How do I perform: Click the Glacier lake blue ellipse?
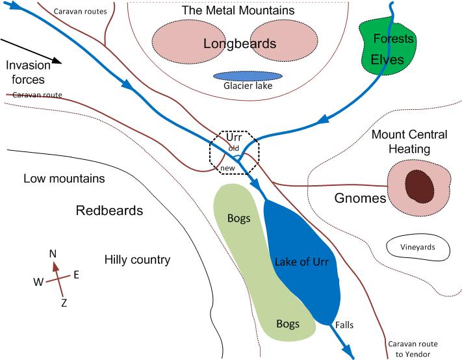pyautogui.click(x=243, y=77)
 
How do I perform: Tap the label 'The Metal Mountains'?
pyautogui.click(x=238, y=10)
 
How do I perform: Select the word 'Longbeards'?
pyautogui.click(x=239, y=44)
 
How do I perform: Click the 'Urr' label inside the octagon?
pyautogui.click(x=234, y=138)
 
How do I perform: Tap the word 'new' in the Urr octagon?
pyautogui.click(x=227, y=168)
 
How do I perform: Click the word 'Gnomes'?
pyautogui.click(x=360, y=198)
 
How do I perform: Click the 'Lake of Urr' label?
pyautogui.click(x=302, y=263)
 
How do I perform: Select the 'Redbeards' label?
pyautogui.click(x=109, y=211)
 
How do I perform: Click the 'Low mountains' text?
pyautogui.click(x=63, y=179)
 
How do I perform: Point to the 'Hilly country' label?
pyautogui.click(x=137, y=260)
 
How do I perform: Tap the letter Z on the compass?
pyautogui.click(x=64, y=302)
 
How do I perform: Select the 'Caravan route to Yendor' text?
pyautogui.click(x=413, y=349)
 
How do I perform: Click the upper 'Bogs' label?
pyautogui.click(x=239, y=218)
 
